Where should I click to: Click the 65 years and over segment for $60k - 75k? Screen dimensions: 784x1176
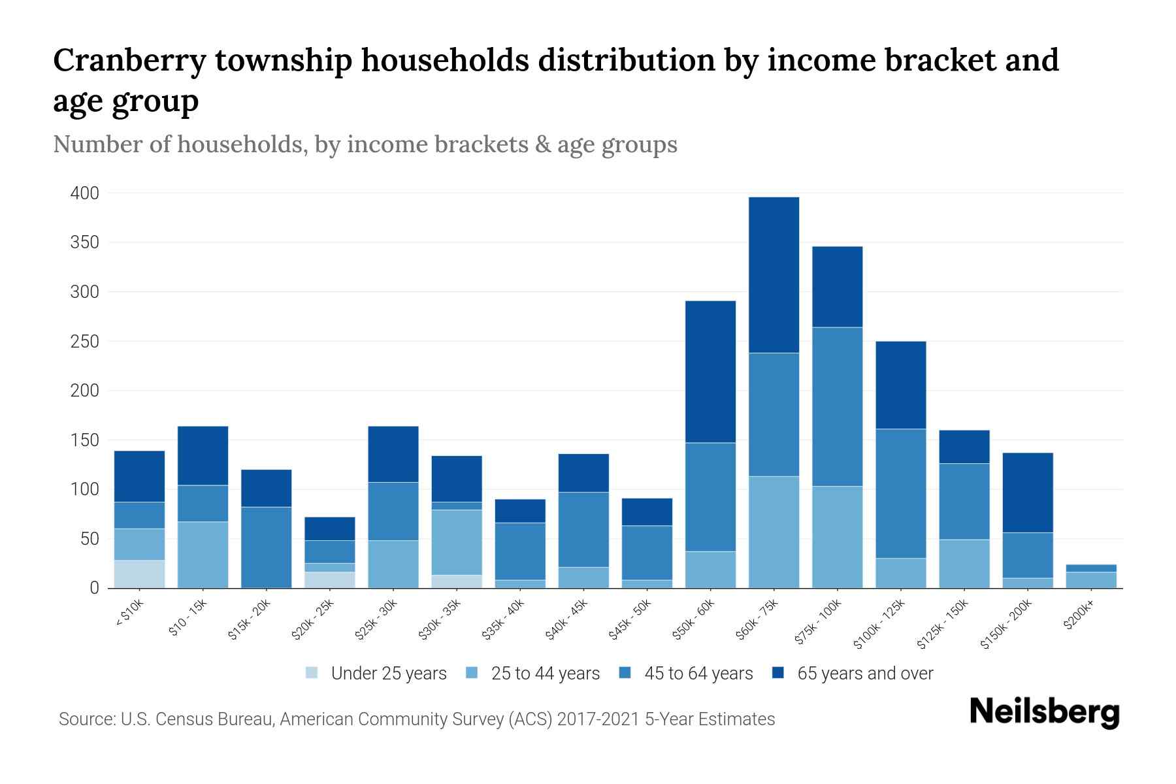tap(774, 274)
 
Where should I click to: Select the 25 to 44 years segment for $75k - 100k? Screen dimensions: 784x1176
tap(837, 537)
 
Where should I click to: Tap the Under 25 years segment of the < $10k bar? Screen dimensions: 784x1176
tap(139, 574)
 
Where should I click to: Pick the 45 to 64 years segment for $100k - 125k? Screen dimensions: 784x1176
tap(900, 493)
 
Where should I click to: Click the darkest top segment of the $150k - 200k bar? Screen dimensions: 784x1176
tap(1027, 493)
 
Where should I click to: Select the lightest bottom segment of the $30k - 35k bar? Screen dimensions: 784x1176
tap(457, 581)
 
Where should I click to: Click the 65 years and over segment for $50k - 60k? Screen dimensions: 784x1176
tap(710, 372)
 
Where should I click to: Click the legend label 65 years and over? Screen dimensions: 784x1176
tap(865, 674)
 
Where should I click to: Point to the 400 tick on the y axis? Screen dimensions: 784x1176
tap(85, 193)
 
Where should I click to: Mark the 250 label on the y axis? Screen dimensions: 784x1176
tap(85, 342)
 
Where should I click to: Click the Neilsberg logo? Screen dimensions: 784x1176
tap(1044, 712)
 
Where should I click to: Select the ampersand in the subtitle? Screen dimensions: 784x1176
tap(542, 144)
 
